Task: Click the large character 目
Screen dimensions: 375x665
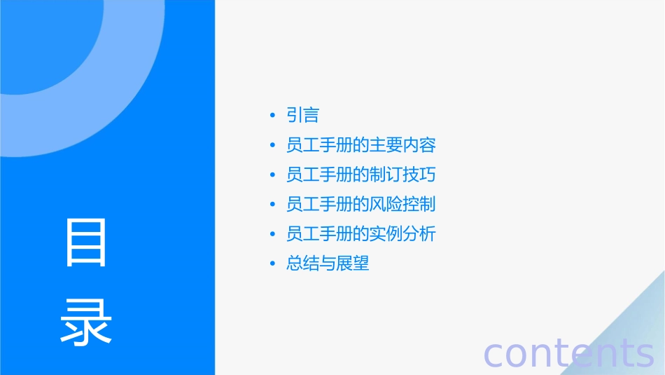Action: [86, 243]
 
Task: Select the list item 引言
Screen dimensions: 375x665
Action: [302, 116]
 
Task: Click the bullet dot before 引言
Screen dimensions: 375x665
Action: [272, 116]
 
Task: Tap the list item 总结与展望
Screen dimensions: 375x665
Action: [328, 264]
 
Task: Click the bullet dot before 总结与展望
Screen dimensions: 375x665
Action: [272, 264]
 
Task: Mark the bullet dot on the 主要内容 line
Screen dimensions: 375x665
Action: [272, 145]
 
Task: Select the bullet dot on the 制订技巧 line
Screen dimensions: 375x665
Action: [272, 175]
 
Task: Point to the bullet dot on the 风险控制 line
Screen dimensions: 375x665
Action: [272, 204]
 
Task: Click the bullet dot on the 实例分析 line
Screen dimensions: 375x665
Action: [272, 233]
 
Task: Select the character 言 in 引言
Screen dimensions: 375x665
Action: [311, 116]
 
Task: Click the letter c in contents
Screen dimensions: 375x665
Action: [493, 354]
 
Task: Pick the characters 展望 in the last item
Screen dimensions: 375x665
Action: [353, 264]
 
